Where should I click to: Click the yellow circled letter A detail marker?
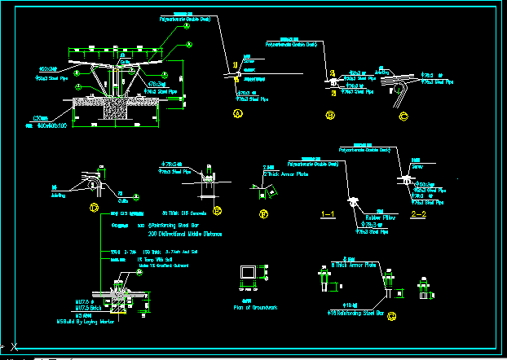click(238, 116)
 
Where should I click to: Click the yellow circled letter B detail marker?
click(330, 116)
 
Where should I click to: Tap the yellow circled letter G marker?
click(392, 315)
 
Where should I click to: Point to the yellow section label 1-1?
click(329, 215)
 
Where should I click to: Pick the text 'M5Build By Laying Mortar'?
click(84, 323)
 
